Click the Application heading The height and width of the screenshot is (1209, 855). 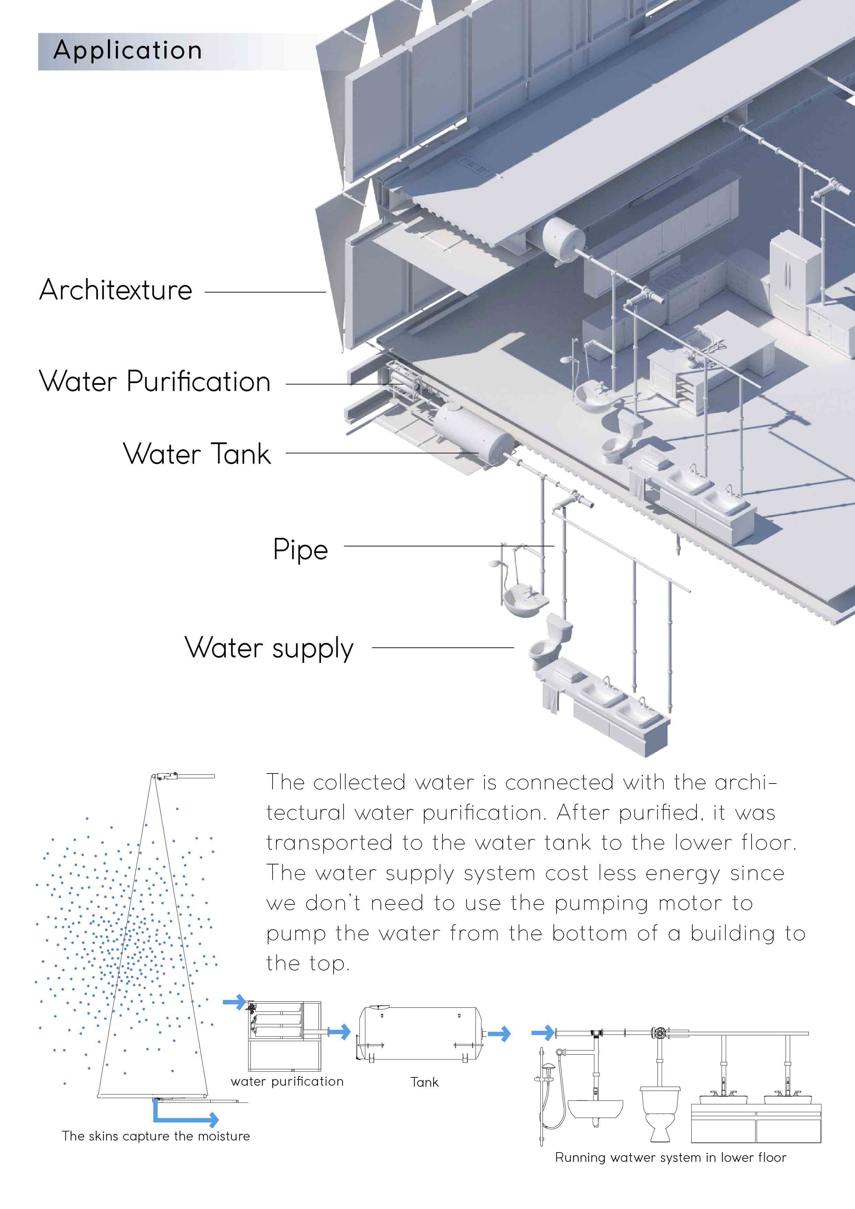click(128, 51)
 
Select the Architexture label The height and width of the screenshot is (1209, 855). click(116, 290)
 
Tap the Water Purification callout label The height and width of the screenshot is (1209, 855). click(155, 382)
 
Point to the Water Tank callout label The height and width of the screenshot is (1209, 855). click(197, 454)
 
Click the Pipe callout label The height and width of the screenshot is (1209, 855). click(300, 550)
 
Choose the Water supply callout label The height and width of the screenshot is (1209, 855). click(269, 648)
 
